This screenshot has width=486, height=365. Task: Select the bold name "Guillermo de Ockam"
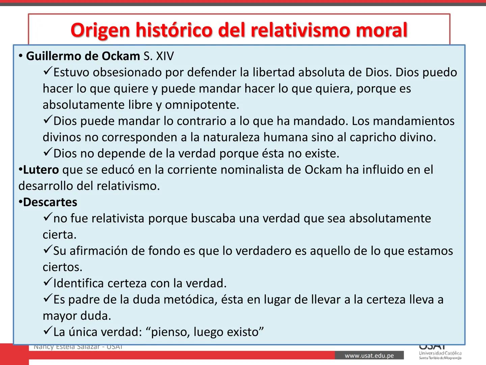pyautogui.click(x=83, y=56)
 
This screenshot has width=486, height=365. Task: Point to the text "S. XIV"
pyautogui.click(x=159, y=56)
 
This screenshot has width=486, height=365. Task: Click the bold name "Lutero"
pyautogui.click(x=41, y=170)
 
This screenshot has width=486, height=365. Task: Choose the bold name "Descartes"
pyautogui.click(x=50, y=202)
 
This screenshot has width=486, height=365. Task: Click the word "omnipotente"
pyautogui.click(x=201, y=105)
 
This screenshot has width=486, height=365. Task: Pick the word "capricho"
pyautogui.click(x=373, y=137)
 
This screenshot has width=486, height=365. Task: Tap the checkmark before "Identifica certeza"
pyautogui.click(x=47, y=282)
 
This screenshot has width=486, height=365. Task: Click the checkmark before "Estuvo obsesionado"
pyautogui.click(x=47, y=71)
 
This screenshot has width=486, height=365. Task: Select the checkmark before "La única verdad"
pyautogui.click(x=47, y=331)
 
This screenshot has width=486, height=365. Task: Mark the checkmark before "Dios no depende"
pyautogui.click(x=47, y=152)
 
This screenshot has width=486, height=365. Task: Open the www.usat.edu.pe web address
pyautogui.click(x=369, y=356)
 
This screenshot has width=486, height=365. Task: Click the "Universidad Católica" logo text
pyautogui.click(x=440, y=353)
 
